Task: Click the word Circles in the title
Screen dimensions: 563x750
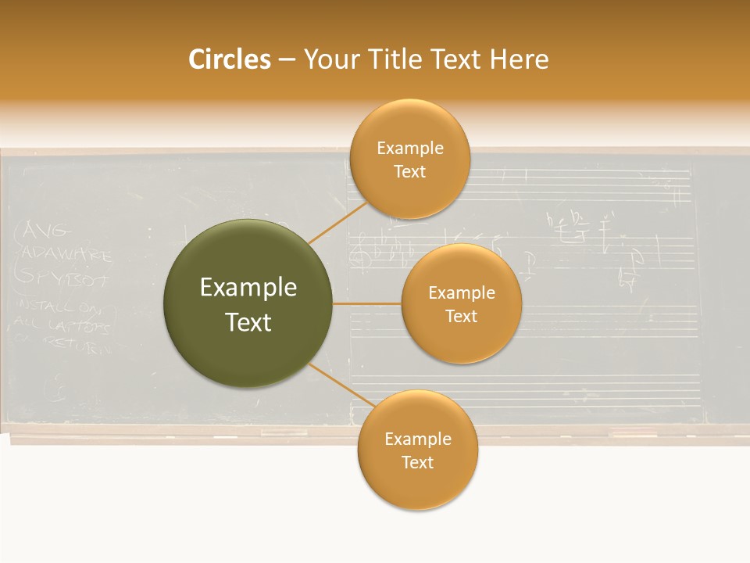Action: pos(229,59)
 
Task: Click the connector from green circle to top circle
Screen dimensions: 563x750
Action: pos(337,222)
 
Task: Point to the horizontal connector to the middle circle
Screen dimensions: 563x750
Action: pos(367,303)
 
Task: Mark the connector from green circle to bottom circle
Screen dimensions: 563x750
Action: pos(342,385)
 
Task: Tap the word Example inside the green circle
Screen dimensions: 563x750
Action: pos(248,288)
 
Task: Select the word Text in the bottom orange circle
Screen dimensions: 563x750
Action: pos(417,462)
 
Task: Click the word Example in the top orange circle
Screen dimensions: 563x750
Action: pos(409,149)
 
